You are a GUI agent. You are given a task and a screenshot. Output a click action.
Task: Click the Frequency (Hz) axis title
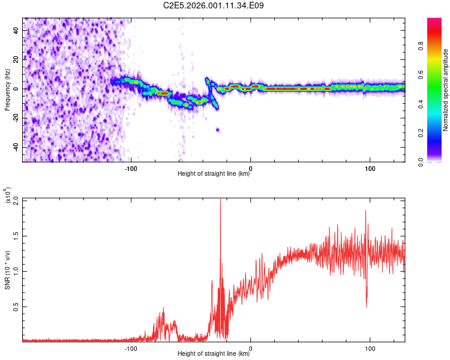[7, 90]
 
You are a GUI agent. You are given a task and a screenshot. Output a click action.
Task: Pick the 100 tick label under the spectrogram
[370, 168]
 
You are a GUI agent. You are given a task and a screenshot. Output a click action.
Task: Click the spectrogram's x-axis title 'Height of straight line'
[214, 175]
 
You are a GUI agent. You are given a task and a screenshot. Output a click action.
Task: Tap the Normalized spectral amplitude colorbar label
[445, 90]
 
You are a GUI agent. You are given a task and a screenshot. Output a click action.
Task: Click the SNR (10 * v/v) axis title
[7, 270]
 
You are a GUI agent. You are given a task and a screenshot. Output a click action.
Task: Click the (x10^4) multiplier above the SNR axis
[8, 195]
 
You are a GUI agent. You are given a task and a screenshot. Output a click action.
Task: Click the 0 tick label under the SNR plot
[250, 348]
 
